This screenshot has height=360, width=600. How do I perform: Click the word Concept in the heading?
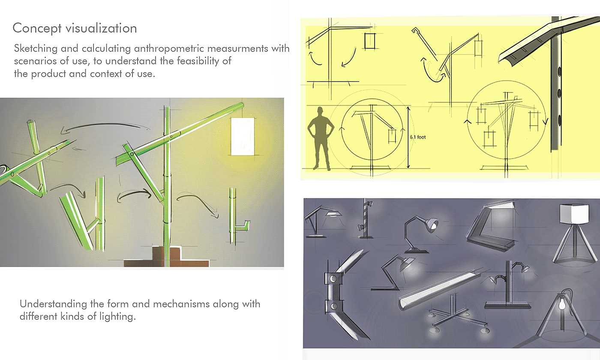pos(37,28)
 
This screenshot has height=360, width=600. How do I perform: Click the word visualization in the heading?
pos(101,28)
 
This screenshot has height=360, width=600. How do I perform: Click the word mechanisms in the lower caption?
pos(181,304)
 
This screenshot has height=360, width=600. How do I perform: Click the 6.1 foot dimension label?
pos(417,137)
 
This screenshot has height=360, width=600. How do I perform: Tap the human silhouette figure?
pos(321,138)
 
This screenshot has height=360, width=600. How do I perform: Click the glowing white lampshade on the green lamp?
pos(243,136)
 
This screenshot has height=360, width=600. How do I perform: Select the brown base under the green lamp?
pos(166,257)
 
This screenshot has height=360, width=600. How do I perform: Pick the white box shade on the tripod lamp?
pos(574,214)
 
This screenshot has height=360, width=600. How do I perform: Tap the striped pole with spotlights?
pos(365,218)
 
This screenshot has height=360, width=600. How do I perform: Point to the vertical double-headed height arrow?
pos(408,138)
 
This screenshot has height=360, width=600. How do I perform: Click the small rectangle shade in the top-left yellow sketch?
pos(370,41)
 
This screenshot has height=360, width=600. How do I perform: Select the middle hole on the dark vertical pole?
pos(559,93)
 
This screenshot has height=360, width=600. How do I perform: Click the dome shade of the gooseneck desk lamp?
pos(431,224)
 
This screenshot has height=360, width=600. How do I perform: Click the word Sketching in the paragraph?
pos(36,49)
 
